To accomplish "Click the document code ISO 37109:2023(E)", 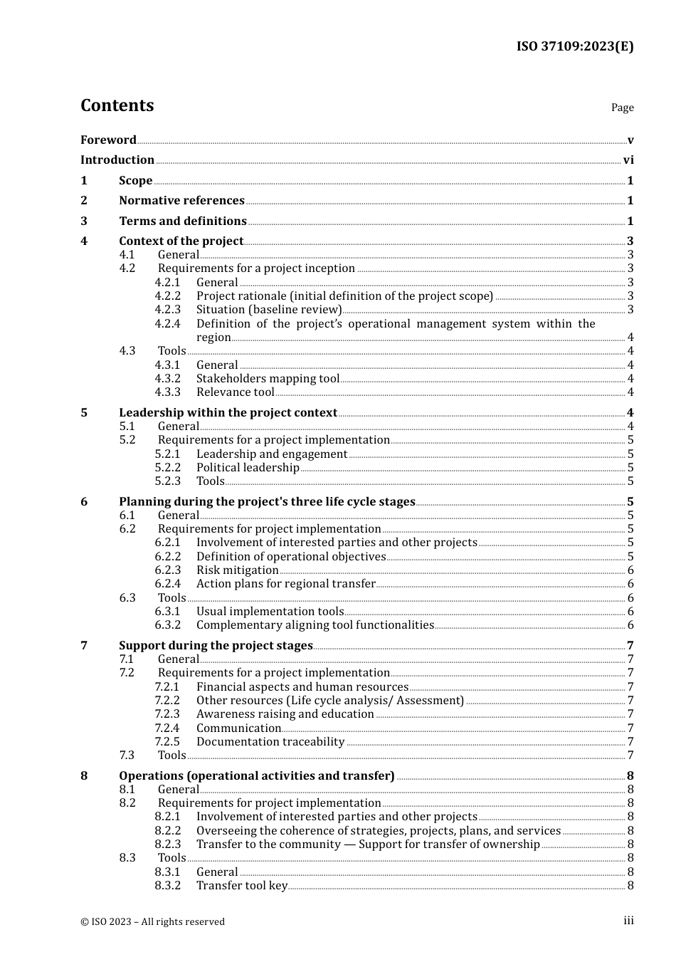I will tap(574, 46).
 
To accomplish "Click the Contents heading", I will tap(117, 105).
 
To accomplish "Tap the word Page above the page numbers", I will tap(622, 108).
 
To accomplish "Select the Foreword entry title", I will tap(108, 140).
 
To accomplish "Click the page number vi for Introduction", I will tap(628, 160).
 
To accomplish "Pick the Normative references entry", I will tap(181, 201).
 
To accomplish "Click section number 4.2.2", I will tap(168, 296).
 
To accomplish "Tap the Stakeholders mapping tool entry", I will tap(268, 379).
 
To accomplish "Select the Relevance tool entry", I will tap(235, 392).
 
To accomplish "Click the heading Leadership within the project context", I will tap(228, 413).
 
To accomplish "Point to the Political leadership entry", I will tap(248, 468).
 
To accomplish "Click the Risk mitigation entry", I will tap(237, 570).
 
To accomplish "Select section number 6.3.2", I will tap(168, 625).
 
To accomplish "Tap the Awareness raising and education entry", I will tap(285, 714).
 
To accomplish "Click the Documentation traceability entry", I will tap(270, 742).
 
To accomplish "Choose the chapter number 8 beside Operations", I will tap(84, 776).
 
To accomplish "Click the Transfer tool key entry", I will tap(242, 886).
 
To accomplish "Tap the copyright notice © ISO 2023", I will tap(152, 921).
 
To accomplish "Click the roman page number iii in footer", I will tap(628, 921).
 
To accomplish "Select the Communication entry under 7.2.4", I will tap(238, 728).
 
